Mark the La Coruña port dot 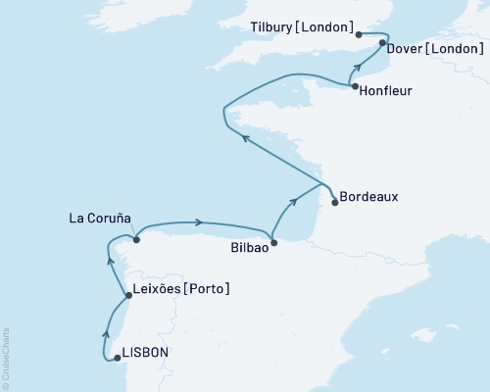point(136,238)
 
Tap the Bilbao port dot point(273,242)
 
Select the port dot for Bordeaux point(336,203)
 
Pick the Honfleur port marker point(354,87)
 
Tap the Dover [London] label point(432,47)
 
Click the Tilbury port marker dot point(360,34)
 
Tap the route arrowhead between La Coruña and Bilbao point(199,221)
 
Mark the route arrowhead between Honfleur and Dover point(360,67)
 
